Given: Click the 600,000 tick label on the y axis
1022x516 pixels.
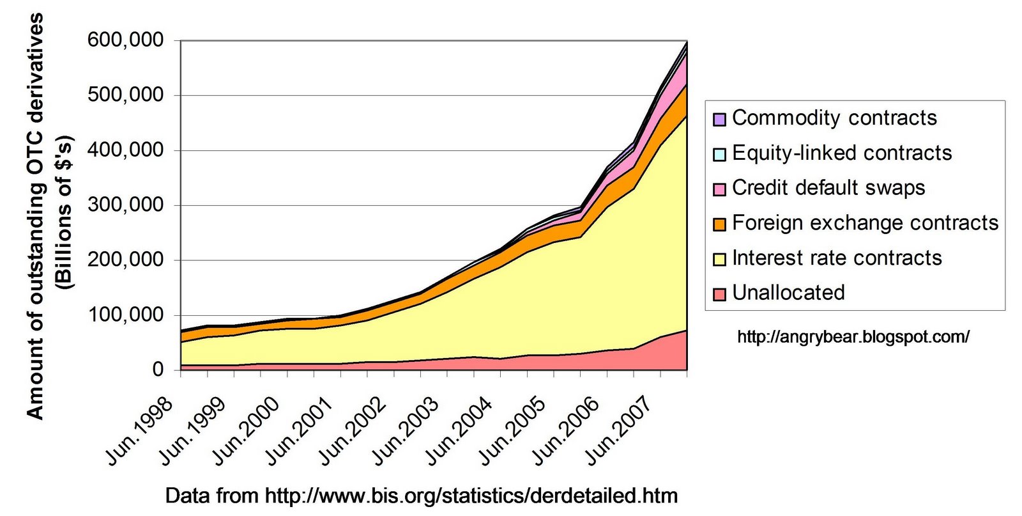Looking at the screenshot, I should [125, 40].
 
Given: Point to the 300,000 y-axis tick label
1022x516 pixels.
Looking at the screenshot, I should [125, 205].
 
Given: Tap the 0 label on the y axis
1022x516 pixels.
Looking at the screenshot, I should [158, 370].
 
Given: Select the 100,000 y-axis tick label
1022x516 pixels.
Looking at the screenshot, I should [125, 315].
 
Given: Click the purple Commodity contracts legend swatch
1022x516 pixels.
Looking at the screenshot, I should [719, 119].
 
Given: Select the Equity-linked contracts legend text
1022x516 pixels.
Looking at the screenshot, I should [842, 153].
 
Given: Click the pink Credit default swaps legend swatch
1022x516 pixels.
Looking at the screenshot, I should [719, 189].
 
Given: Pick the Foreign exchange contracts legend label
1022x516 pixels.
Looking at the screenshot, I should [865, 223].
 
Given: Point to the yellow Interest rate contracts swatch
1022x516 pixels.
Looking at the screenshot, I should [719, 259].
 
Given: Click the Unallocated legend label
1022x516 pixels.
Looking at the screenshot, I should [788, 293].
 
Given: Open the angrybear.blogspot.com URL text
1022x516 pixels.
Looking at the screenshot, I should [853, 337].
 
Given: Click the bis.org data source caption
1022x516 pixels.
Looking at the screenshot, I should [422, 496].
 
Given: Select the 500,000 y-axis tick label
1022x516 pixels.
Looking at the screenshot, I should [125, 95].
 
